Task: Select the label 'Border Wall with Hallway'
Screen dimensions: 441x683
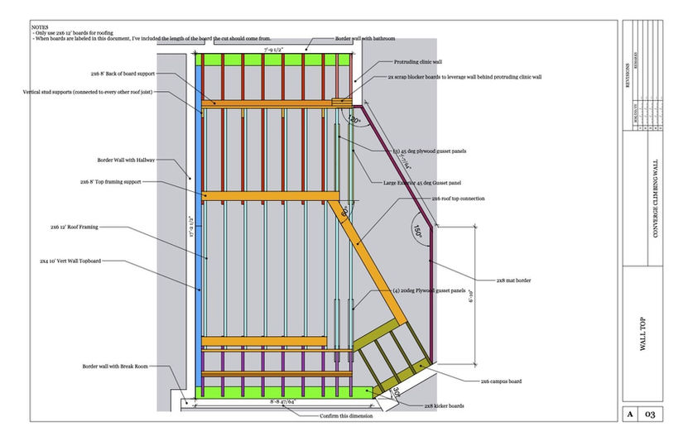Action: click(x=118, y=160)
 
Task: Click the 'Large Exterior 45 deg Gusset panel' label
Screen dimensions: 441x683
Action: click(x=422, y=182)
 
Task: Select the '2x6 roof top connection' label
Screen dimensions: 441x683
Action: click(x=459, y=199)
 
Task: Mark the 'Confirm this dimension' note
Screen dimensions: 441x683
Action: click(x=351, y=416)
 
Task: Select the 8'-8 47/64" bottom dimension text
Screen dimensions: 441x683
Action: click(x=283, y=402)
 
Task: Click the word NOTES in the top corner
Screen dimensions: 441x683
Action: click(x=40, y=26)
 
